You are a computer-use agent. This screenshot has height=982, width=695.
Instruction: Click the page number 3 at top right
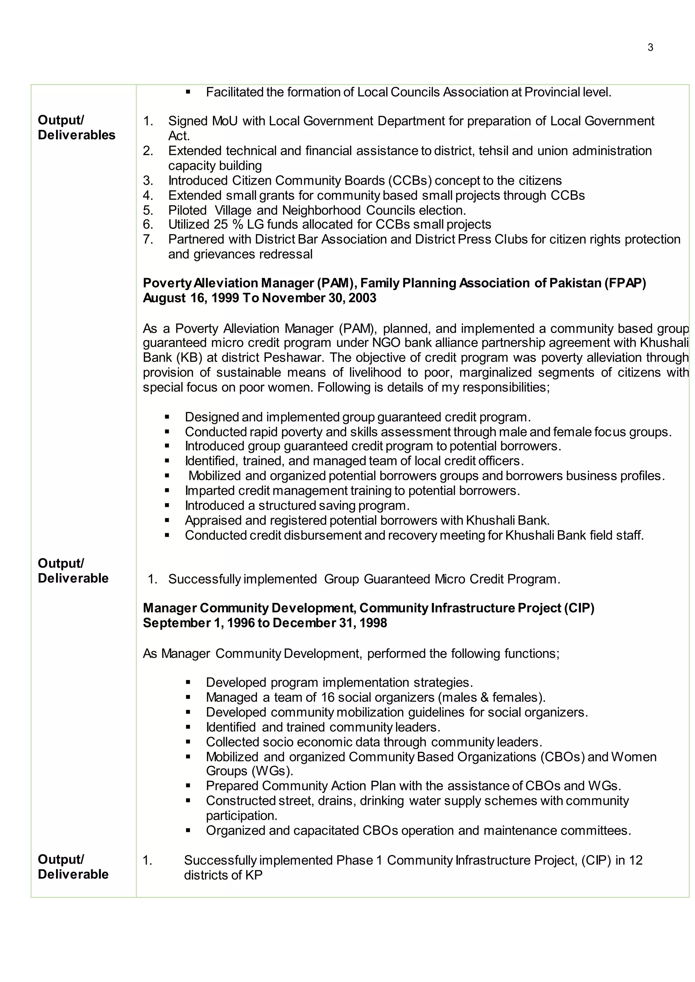point(650,48)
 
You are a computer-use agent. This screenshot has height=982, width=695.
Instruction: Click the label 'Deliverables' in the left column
point(77,135)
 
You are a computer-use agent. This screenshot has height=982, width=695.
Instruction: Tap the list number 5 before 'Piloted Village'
point(147,210)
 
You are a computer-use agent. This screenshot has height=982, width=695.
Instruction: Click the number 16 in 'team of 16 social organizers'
point(327,697)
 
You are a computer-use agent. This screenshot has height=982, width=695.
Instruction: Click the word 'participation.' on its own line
point(241,815)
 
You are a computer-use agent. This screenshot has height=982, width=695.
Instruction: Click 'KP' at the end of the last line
point(253,875)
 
